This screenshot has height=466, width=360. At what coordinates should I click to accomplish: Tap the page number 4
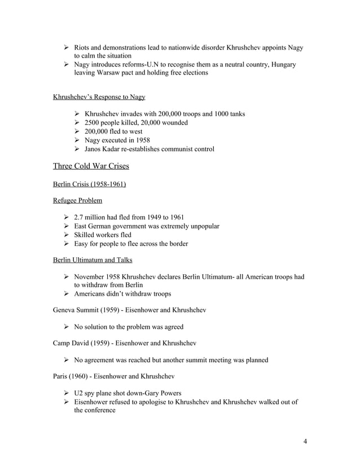click(305, 441)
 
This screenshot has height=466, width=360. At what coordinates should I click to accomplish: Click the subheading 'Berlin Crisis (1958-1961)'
click(89, 183)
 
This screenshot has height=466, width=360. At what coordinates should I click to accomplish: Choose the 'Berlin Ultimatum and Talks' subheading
click(93, 260)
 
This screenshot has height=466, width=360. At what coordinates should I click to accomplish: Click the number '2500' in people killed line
click(93, 122)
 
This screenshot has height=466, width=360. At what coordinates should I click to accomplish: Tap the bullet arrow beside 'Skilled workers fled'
click(68, 235)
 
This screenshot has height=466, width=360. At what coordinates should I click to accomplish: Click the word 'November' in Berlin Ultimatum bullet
click(100, 276)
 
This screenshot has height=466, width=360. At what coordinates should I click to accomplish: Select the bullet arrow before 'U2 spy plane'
click(68, 393)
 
